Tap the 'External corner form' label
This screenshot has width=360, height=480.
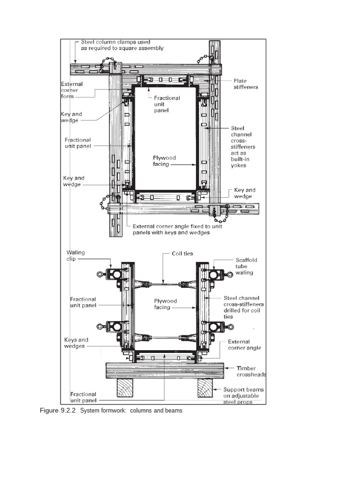(72, 90)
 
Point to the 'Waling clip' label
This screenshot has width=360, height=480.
(75, 255)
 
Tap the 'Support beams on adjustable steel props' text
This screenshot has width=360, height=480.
(243, 396)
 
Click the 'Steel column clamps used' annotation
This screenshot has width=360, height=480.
(115, 42)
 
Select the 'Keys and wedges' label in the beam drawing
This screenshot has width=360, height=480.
(76, 343)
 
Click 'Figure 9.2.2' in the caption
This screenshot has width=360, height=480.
(58, 411)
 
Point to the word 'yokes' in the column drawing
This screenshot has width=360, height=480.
(239, 165)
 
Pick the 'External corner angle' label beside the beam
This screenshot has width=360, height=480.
(244, 345)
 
